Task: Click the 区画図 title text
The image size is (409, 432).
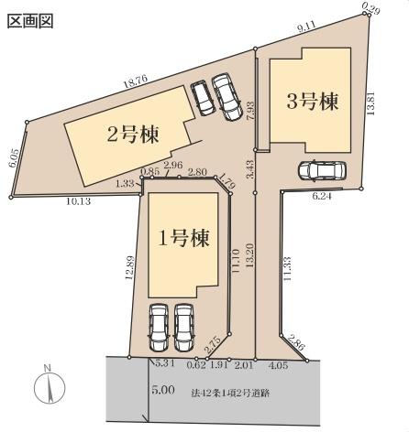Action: pyautogui.click(x=30, y=22)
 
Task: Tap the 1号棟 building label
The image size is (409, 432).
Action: pyautogui.click(x=183, y=238)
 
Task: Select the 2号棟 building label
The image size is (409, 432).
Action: pyautogui.click(x=133, y=135)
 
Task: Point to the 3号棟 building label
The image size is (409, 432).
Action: pyautogui.click(x=313, y=102)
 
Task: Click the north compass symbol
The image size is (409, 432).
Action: pyautogui.click(x=50, y=386)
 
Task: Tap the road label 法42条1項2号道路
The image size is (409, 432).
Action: pyautogui.click(x=230, y=393)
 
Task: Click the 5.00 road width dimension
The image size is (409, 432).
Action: pyautogui.click(x=163, y=390)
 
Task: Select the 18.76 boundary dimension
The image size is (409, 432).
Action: pyautogui.click(x=136, y=81)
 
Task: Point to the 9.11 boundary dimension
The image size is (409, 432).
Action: pyautogui.click(x=306, y=27)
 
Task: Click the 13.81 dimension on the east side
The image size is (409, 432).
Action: pyautogui.click(x=370, y=103)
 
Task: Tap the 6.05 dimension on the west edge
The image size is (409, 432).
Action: pyautogui.click(x=14, y=158)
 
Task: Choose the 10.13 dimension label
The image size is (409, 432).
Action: pyautogui.click(x=79, y=201)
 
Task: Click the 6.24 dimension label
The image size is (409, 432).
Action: pyautogui.click(x=322, y=197)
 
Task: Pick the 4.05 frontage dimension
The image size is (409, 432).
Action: pyautogui.click(x=278, y=365)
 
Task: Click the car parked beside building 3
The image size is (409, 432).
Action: pyautogui.click(x=322, y=170)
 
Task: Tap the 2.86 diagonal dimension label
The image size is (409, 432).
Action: pyautogui.click(x=296, y=343)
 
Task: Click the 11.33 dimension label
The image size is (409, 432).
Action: pyautogui.click(x=287, y=269)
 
